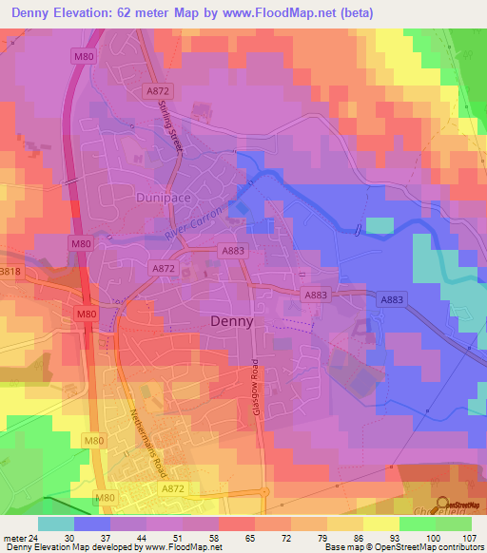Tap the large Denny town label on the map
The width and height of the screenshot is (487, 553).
[231, 321]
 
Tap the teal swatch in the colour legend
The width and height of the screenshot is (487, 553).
[56, 524]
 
